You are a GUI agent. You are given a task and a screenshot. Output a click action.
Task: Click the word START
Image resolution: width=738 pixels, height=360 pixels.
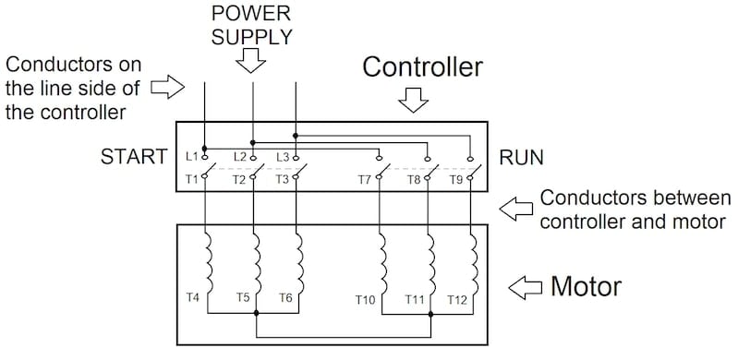[x=134, y=157]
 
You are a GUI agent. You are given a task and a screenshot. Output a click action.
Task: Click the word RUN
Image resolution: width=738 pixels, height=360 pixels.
[x=521, y=157]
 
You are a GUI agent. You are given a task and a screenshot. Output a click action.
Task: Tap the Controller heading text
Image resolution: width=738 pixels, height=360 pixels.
[x=422, y=67]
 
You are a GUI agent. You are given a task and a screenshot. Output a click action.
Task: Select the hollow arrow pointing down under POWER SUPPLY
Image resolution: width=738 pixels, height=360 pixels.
[x=251, y=62]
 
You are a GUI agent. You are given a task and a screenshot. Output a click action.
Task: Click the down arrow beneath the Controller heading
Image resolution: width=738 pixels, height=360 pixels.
[x=417, y=100]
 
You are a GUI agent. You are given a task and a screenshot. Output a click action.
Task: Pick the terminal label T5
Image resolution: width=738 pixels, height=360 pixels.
[x=242, y=298]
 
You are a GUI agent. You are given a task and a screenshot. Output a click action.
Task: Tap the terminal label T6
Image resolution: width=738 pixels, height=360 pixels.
[x=286, y=298]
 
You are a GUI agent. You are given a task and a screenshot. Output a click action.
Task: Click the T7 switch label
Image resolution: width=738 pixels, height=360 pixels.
[x=366, y=180]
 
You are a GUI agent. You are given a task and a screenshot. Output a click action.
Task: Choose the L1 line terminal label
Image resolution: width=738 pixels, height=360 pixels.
[x=191, y=156]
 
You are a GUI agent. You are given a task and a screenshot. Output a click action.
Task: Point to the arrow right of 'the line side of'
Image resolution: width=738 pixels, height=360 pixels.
[x=166, y=88]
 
